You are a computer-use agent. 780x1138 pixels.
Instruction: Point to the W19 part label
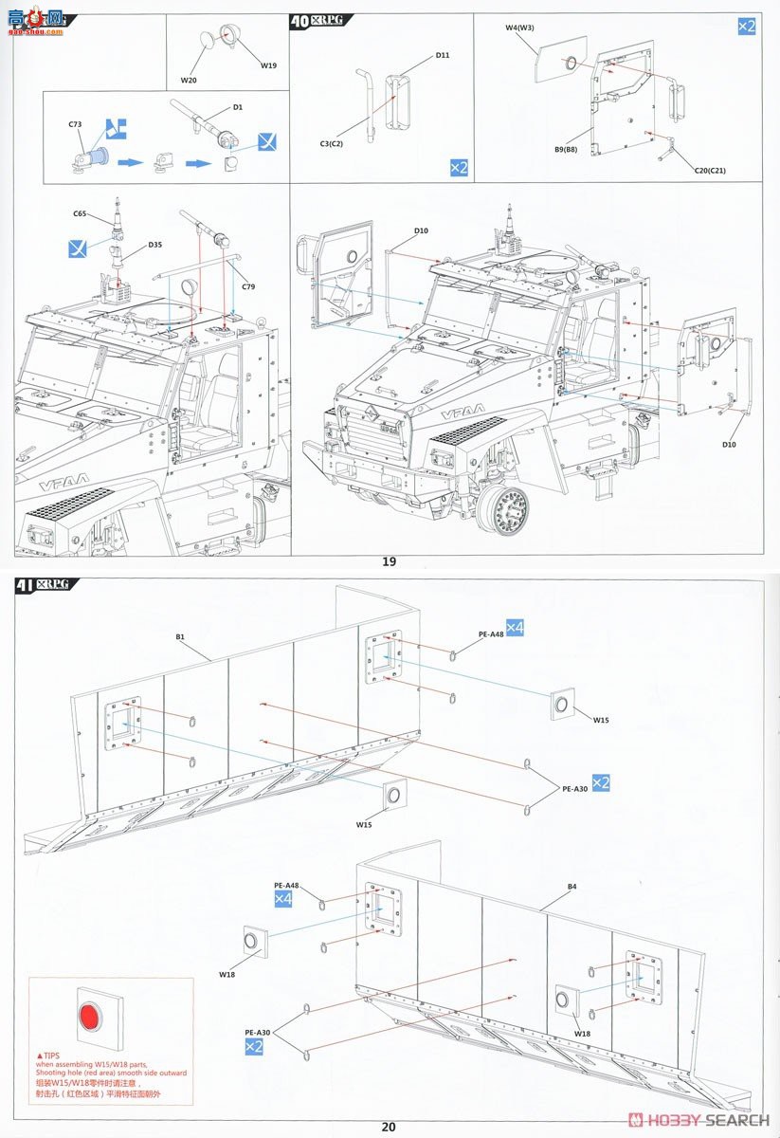click(270, 65)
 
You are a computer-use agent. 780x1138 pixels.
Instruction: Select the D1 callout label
click(237, 107)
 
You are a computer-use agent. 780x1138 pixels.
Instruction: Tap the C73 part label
click(76, 124)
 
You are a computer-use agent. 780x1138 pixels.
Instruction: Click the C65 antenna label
click(80, 214)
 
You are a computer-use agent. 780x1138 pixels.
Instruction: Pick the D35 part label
click(154, 245)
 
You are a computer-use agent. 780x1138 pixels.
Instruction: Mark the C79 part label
click(248, 286)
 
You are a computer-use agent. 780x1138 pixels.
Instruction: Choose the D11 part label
click(443, 55)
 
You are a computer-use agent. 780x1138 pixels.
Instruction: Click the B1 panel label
click(180, 637)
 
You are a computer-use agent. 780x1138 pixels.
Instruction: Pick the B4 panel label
click(571, 887)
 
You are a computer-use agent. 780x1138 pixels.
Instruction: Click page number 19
click(389, 561)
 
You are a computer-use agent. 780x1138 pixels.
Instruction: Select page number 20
click(389, 1127)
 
